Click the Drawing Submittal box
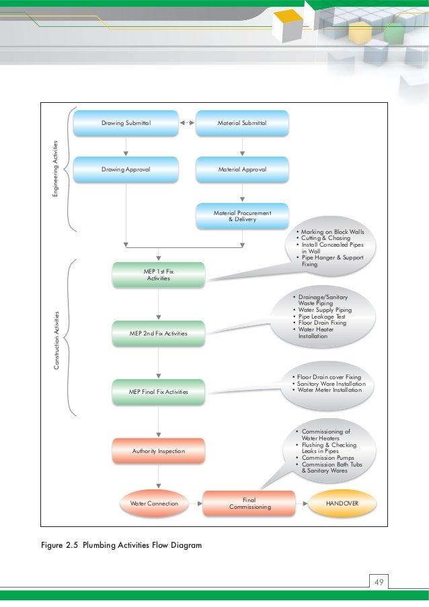click(126, 123)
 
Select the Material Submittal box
click(242, 123)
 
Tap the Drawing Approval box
click(126, 169)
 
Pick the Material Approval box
click(242, 169)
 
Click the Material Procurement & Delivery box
click(242, 216)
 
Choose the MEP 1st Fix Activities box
click(159, 275)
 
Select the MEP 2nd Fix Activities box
click(159, 333)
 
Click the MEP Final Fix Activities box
click(159, 392)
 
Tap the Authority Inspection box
click(159, 451)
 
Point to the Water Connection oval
click(154, 503)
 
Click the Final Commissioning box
click(249, 503)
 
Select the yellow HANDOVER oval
click(342, 503)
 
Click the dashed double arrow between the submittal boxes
click(188, 123)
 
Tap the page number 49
click(379, 582)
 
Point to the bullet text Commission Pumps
click(327, 458)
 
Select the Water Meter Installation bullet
click(329, 390)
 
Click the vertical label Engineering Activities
click(55, 169)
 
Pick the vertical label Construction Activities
click(56, 340)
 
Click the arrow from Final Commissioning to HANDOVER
click(302, 503)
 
